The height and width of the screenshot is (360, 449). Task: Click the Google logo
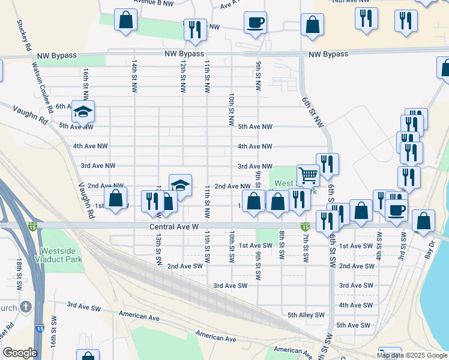point(20,353)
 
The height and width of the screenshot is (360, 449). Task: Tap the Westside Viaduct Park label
point(61,256)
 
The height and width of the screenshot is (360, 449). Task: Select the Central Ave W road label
point(174,228)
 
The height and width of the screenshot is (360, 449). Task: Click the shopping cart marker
point(308,175)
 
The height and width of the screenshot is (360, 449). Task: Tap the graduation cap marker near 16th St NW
point(83,110)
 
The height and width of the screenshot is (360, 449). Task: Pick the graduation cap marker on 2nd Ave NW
point(180,185)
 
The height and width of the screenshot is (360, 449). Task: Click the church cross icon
point(25,307)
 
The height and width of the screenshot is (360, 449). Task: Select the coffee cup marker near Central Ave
point(396,210)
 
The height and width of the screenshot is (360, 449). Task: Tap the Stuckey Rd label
point(25,35)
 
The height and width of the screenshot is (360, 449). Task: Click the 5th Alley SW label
point(306,315)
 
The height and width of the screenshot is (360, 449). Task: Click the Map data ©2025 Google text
point(411,355)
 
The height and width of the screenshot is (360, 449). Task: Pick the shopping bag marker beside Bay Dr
point(423,220)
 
